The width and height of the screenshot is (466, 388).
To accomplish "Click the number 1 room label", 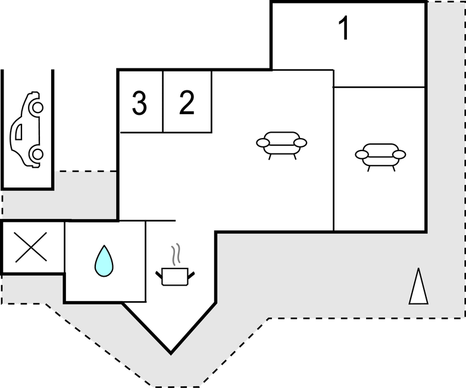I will coord(343,29).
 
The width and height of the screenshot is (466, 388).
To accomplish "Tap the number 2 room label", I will coord(187,103).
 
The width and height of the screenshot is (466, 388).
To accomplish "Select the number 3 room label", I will coord(139,104).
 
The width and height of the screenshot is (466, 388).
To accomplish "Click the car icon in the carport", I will coord(27,130).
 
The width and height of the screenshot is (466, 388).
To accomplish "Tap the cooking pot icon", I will coord(175,276).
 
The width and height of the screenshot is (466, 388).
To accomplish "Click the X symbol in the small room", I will coord(31,248).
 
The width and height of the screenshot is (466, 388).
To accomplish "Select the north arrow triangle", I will coord(418,287).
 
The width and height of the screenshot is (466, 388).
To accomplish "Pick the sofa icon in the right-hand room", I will coord(380,156).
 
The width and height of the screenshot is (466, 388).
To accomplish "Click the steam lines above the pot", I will coord(175,255).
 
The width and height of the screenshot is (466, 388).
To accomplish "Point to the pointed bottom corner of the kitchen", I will coord(171,352).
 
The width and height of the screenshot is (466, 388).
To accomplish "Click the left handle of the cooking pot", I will coord(159,273).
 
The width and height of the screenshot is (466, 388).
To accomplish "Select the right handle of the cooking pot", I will coord(191,273).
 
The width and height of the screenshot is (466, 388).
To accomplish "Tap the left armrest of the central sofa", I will coord(263,143).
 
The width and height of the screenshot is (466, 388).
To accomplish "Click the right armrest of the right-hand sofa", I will coord(399,155).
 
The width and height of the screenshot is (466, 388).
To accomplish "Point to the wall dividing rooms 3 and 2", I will coord(163,101).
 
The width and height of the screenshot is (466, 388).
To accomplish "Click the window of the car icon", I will coord(19,132).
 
